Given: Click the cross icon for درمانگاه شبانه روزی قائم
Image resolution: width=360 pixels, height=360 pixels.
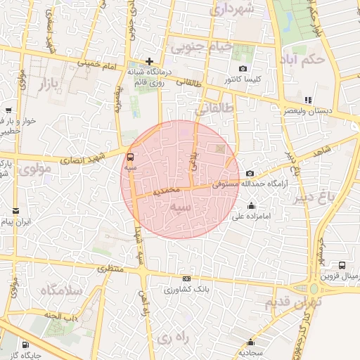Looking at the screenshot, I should pyautogui.click(x=149, y=61).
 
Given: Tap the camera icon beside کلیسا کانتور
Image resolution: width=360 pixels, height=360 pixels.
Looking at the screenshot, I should pyautogui.click(x=243, y=69).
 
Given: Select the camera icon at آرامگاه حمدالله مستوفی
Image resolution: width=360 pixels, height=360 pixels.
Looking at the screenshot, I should pyautogui.click(x=250, y=173).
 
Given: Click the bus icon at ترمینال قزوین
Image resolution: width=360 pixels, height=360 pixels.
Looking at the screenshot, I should pyautogui.click(x=342, y=266).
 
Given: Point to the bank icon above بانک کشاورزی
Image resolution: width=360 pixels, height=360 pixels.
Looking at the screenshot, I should pyautogui.click(x=186, y=278).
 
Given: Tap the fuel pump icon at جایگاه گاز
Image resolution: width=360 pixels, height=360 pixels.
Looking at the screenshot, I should pyautogui.click(x=26, y=345).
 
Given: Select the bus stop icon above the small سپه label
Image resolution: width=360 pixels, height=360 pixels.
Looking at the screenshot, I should pyautogui.click(x=130, y=157).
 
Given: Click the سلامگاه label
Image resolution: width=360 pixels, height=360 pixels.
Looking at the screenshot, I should pyautogui.click(x=61, y=290).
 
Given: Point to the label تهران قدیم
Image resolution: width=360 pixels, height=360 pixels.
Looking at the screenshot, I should pyautogui.click(x=292, y=303).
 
